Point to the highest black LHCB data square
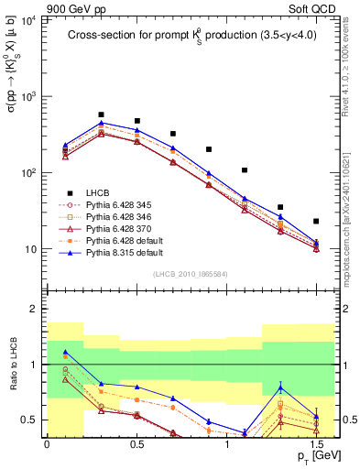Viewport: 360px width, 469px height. point(101,115)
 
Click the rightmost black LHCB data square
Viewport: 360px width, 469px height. point(316,221)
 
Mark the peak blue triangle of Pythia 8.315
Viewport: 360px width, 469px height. point(101,123)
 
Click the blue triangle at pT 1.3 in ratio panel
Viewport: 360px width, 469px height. point(280,387)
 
